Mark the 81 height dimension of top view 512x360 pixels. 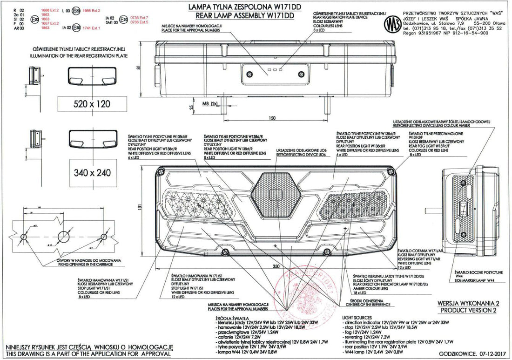click(138, 68)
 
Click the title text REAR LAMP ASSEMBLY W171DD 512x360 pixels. click(240, 15)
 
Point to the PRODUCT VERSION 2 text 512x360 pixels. click(468, 310)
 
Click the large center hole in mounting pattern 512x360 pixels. click(63, 235)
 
